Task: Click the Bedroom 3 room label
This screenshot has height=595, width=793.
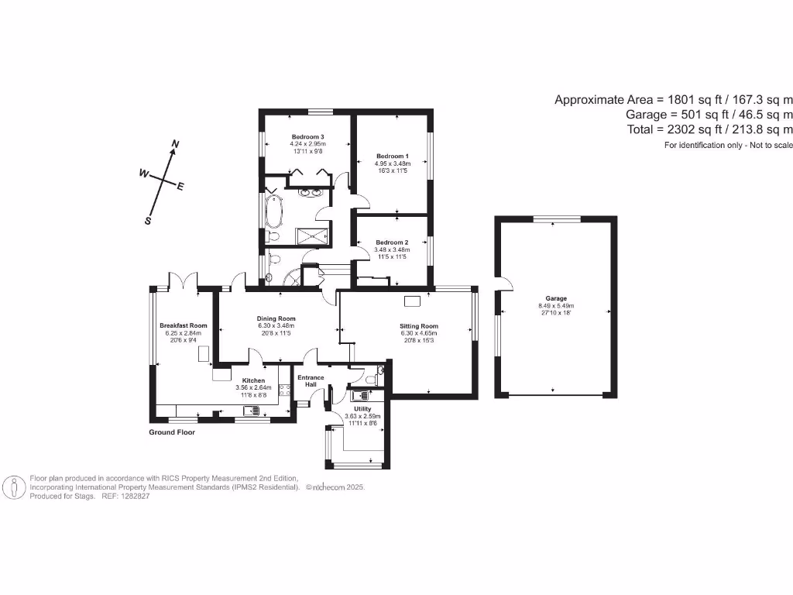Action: click(307, 136)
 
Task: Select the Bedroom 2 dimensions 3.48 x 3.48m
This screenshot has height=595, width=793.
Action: click(392, 249)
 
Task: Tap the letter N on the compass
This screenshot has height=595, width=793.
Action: click(175, 144)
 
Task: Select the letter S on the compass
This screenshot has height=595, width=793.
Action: click(147, 220)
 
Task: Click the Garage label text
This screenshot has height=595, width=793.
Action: click(556, 298)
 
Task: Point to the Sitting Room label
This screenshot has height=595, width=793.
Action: click(419, 326)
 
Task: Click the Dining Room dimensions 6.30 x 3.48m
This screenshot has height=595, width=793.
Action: click(276, 326)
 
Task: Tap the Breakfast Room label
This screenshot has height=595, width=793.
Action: click(184, 325)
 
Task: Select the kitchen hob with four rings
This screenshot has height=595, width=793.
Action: click(284, 390)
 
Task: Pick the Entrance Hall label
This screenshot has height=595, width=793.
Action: click(311, 381)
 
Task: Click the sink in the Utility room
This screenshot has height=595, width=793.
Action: click(355, 395)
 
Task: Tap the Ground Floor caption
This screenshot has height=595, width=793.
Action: click(172, 432)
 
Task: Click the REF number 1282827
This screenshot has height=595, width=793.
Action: click(136, 496)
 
